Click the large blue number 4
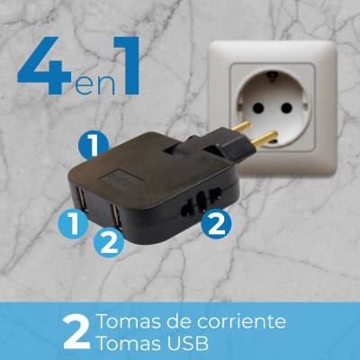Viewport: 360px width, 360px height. pyautogui.click(x=45, y=66)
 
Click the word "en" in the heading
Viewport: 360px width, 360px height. pyautogui.click(x=94, y=85)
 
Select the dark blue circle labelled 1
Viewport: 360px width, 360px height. pyautogui.click(x=94, y=145)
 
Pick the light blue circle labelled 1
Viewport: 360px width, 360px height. pyautogui.click(x=73, y=224)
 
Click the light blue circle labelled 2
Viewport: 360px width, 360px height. pyautogui.click(x=109, y=242)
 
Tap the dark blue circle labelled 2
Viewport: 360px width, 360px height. pyautogui.click(x=216, y=224)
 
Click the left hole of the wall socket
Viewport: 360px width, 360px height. pyautogui.click(x=258, y=108)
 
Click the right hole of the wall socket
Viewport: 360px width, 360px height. pyautogui.click(x=286, y=108)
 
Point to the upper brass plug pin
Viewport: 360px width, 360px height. pyautogui.click(x=241, y=126)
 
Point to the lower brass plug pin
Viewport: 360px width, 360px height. pyautogui.click(x=265, y=138)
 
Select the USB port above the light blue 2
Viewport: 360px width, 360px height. pyautogui.click(x=116, y=215)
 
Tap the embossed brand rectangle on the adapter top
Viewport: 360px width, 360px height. pyautogui.click(x=121, y=180)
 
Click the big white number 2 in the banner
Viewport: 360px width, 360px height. pyautogui.click(x=76, y=332)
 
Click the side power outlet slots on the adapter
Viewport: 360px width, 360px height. pyautogui.click(x=202, y=202)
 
